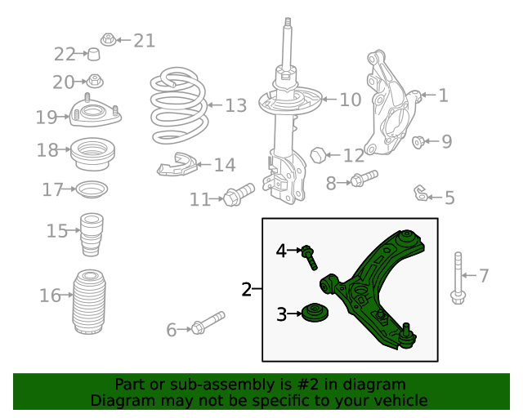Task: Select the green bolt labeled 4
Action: point(310,256)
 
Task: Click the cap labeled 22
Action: point(94,55)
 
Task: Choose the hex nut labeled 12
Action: point(320,153)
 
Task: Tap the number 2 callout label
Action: point(246,289)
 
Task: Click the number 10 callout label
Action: point(350,100)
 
